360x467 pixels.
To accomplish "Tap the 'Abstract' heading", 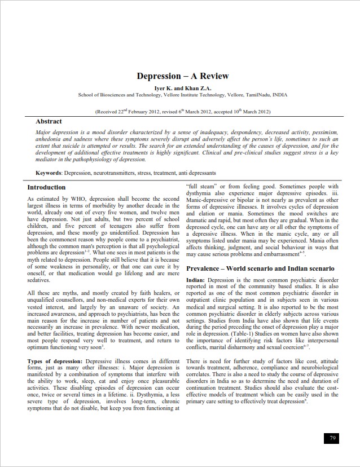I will coord(49,121).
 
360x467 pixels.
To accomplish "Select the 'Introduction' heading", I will coord(46,187).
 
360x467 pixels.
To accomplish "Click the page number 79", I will coord(332,438).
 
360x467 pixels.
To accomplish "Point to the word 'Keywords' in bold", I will coord(49,173).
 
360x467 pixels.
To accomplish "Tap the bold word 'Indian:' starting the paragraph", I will coord(196,280).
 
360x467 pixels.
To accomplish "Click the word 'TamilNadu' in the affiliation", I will coord(257,95).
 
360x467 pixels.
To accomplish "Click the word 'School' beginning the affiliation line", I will coord(86,95).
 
